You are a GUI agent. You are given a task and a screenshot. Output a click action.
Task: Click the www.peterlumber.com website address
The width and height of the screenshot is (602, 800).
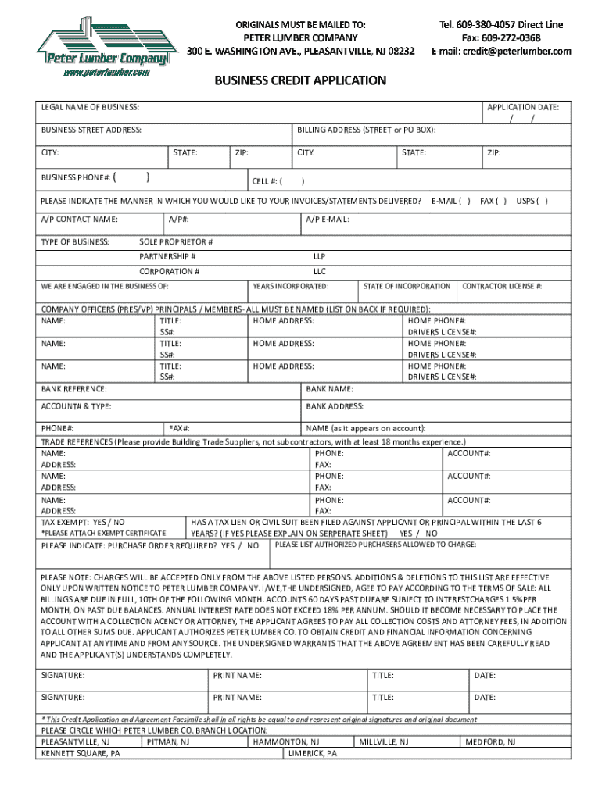(106, 73)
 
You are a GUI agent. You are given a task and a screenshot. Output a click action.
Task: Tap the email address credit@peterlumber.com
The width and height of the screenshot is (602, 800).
(501, 51)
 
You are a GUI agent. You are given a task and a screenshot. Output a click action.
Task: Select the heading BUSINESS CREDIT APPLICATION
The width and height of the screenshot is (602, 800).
(301, 80)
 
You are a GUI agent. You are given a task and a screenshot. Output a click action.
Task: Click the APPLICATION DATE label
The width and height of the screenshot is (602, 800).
(522, 107)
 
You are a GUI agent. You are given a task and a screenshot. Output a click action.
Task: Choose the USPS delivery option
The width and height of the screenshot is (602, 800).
(532, 201)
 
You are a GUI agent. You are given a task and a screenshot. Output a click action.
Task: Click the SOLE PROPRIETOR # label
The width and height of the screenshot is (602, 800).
(176, 241)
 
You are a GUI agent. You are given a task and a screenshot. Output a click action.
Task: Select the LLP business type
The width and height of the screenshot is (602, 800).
(319, 256)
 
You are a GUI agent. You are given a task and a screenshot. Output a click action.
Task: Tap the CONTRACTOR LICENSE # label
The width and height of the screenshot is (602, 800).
(503, 287)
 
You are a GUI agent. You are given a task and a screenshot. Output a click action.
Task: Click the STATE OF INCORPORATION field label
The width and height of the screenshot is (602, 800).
(407, 287)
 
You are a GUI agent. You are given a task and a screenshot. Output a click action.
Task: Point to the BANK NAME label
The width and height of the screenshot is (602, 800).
(329, 388)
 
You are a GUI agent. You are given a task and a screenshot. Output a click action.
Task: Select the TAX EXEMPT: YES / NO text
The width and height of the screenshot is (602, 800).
(82, 521)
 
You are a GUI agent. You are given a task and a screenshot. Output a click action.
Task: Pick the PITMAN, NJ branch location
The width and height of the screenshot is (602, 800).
(168, 741)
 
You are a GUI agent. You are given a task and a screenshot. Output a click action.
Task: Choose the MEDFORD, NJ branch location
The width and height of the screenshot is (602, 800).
(490, 741)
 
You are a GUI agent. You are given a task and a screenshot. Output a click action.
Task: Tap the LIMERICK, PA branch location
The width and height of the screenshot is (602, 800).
(313, 754)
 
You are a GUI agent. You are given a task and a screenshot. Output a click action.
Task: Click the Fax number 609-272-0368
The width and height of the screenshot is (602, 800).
(501, 37)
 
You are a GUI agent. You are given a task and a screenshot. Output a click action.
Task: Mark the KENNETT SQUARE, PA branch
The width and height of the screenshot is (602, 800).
(81, 754)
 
